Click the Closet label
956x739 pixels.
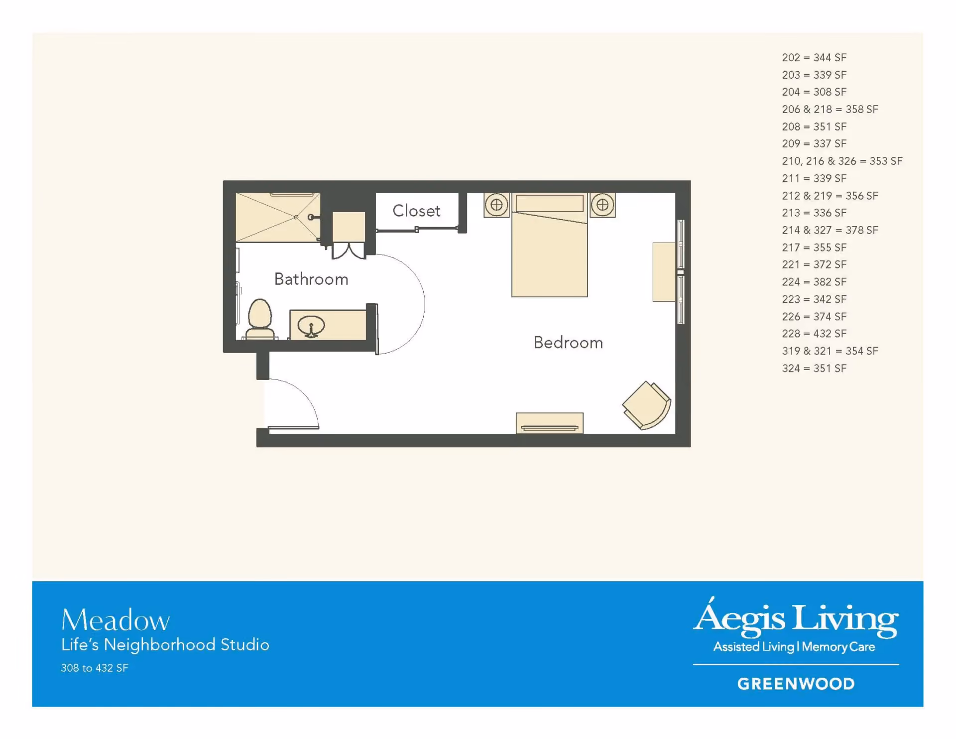(416, 211)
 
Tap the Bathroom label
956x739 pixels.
(311, 279)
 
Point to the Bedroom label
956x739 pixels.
(568, 343)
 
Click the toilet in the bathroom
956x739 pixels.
(260, 319)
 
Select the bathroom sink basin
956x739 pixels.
(311, 327)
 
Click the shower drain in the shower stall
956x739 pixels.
(296, 217)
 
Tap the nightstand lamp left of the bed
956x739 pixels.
(496, 205)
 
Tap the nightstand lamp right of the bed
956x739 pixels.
(602, 205)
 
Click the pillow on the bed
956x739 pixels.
(550, 203)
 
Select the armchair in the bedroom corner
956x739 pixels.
(647, 405)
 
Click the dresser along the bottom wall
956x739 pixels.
(550, 423)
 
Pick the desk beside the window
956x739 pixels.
(664, 272)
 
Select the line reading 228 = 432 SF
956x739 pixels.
(814, 334)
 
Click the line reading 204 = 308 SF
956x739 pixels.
(814, 92)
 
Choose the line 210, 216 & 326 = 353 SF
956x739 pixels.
(842, 161)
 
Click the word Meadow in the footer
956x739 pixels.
(116, 620)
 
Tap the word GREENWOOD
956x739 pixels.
(796, 684)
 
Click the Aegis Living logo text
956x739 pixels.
(796, 616)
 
